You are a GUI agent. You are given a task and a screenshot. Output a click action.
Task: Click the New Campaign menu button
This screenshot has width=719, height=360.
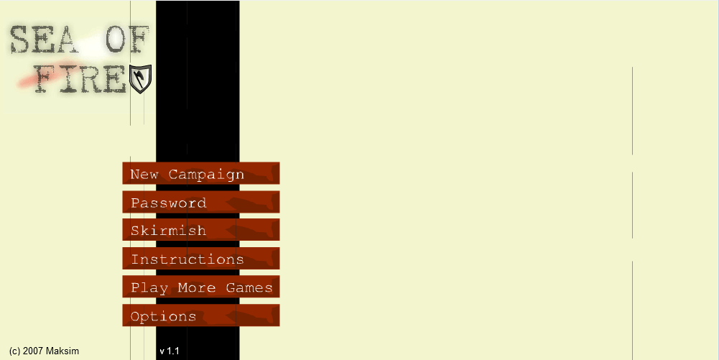pos(201,173)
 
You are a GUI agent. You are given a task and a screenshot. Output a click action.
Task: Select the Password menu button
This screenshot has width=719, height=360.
pos(201,202)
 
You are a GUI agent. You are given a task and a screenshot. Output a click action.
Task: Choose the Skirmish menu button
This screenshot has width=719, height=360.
pos(201,230)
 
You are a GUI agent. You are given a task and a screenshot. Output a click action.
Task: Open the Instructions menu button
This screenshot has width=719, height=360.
pos(201,259)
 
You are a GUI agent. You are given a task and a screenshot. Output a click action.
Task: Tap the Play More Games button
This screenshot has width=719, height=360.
pos(201,287)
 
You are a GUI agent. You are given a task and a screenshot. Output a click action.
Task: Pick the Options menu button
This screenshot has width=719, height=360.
pos(201,315)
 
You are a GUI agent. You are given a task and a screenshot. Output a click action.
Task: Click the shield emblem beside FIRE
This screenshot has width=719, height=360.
pos(140,79)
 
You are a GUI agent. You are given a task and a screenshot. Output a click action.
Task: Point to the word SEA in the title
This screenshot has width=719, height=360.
pos(42,40)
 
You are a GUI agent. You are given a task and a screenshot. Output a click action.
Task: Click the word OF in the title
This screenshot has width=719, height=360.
pos(127,40)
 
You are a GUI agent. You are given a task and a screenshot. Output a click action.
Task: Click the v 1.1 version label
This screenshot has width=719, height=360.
pos(170,351)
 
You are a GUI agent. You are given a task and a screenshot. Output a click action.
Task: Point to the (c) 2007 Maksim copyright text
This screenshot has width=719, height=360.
pos(44,351)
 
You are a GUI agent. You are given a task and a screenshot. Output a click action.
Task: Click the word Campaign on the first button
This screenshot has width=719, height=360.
pos(206,175)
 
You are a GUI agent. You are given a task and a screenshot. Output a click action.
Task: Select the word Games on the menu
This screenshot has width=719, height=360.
pos(249,287)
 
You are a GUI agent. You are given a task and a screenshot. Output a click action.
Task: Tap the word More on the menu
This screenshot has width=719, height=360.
pos(197,287)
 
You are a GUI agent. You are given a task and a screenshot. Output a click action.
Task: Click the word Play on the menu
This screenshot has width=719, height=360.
pos(149,288)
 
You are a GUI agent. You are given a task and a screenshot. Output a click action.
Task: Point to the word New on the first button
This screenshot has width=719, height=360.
pos(144,175)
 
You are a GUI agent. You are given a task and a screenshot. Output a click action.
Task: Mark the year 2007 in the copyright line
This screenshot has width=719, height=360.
pos(33,351)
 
